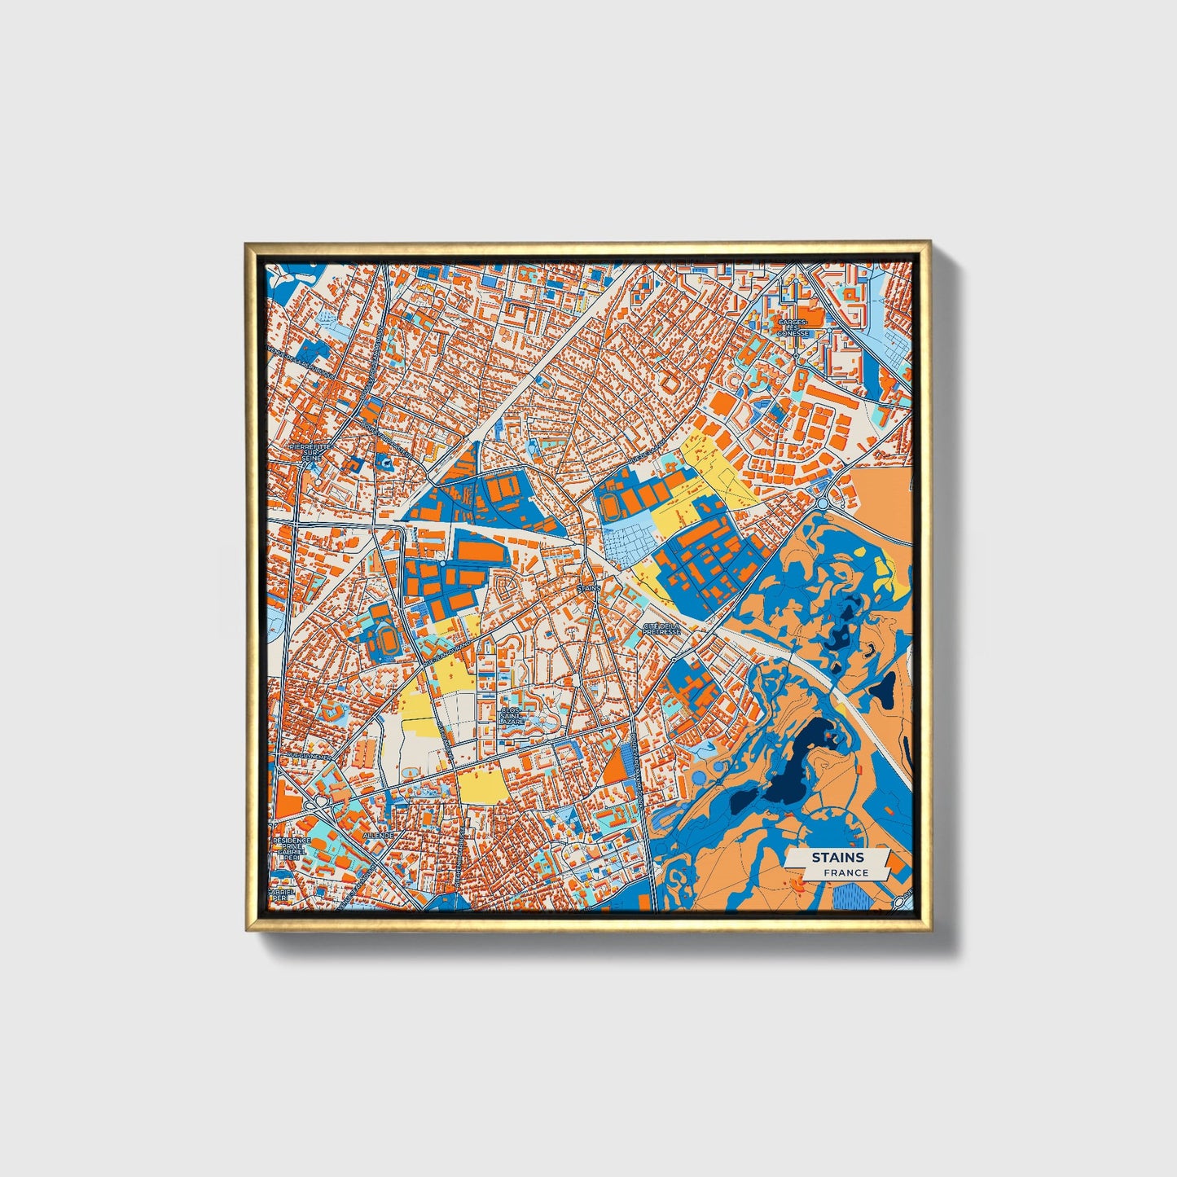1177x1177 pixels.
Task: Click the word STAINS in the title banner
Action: coord(837,858)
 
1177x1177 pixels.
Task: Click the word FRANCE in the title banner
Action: coord(845,873)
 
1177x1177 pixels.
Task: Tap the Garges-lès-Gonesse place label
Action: coord(793,327)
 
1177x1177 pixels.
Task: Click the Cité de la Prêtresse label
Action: coord(661,628)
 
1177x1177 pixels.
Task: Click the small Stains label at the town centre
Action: coord(587,587)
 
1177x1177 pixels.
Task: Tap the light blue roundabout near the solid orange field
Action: coord(823,504)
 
